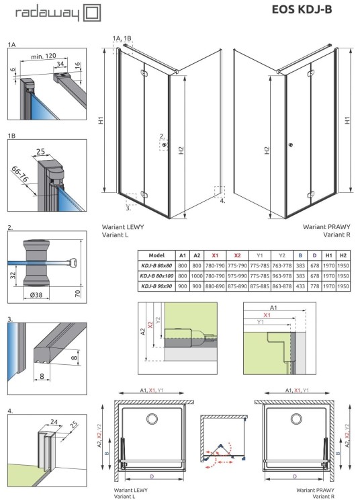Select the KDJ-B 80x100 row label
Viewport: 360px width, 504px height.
(x=156, y=276)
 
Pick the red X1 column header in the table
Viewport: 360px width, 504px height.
(x=215, y=255)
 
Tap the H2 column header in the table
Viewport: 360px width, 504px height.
(x=343, y=255)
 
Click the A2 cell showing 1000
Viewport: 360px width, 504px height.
(x=197, y=276)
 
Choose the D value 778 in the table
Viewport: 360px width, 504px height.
(x=314, y=286)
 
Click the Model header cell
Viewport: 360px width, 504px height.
(x=156, y=255)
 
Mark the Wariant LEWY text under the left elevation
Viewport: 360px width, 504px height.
(x=122, y=227)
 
